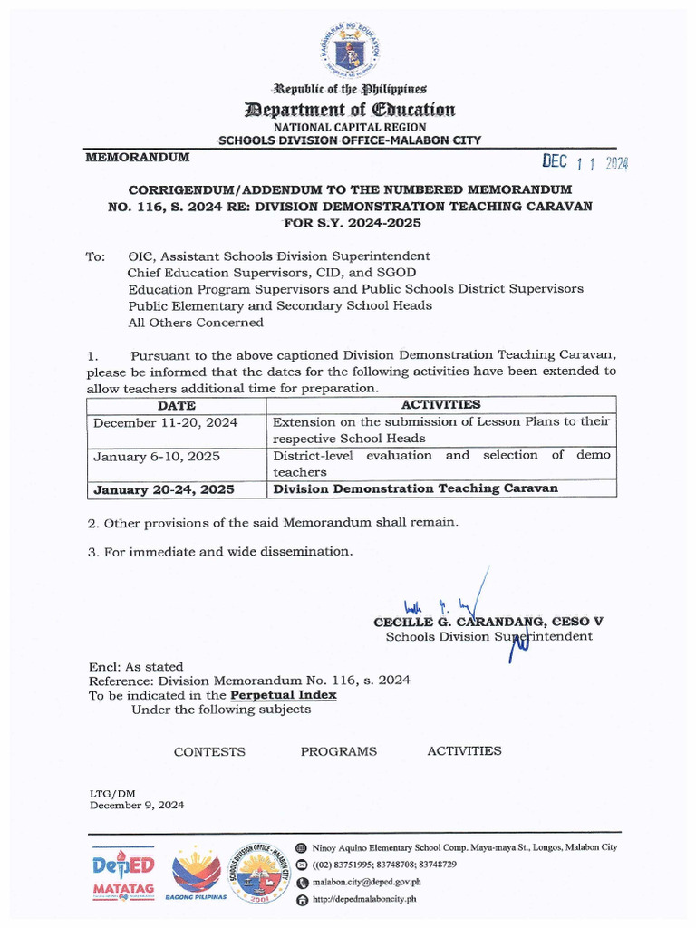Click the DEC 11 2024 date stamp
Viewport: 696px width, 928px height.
(585, 162)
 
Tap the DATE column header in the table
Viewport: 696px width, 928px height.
(177, 405)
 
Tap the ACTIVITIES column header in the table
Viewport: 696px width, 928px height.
(441, 405)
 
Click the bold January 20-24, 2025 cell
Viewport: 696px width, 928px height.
(164, 488)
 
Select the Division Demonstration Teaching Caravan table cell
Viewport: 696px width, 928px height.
(416, 488)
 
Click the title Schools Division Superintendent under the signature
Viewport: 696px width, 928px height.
(488, 636)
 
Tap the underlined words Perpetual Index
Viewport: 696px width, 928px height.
(283, 695)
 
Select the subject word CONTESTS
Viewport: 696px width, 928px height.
(209, 751)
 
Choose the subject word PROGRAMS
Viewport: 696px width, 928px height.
(338, 751)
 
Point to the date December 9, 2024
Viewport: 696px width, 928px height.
(136, 806)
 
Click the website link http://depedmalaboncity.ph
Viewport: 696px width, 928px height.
(363, 899)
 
